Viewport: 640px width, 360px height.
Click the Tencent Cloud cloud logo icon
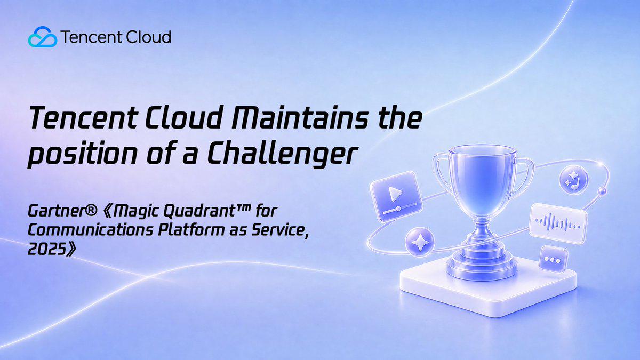pos(43,37)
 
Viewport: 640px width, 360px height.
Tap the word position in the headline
pos(82,154)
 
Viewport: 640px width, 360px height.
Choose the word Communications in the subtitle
pos(90,230)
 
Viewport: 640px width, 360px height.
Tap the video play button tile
pos(396,196)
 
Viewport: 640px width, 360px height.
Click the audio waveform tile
pos(558,223)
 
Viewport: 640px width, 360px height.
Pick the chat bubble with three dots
pos(553,259)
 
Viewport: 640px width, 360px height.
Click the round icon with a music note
pos(574,180)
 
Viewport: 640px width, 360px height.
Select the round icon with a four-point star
pos(420,242)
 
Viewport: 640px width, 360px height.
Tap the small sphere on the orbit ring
pos(602,191)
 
